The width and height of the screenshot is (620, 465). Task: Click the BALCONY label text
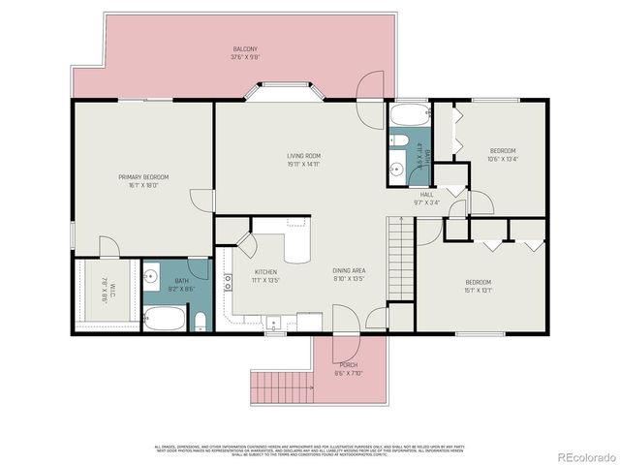coord(244,49)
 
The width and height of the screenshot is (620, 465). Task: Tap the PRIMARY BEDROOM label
coord(143,176)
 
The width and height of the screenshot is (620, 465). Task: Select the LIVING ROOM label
coord(303,155)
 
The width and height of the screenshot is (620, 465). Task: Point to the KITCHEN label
coord(265,272)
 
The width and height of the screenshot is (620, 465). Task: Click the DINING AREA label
coord(349,272)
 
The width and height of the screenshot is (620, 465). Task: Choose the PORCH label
coord(348,365)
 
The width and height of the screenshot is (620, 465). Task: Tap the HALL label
coord(426,197)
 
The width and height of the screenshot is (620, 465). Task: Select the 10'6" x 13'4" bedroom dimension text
coord(503,160)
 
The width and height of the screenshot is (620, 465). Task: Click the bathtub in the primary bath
coord(164,319)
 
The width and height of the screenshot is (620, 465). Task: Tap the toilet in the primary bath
coord(200,321)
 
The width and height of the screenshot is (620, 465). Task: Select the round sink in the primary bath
coord(151,277)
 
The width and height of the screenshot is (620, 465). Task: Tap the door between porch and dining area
coord(345,320)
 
